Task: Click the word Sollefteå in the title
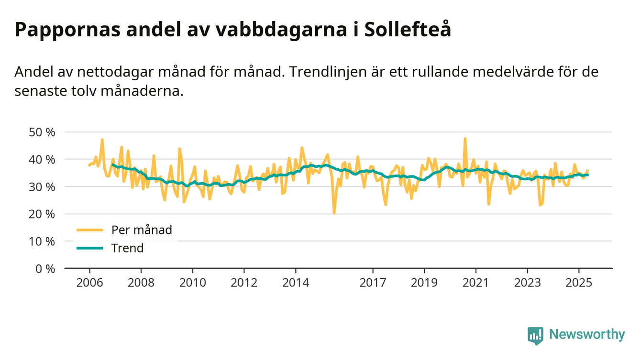408,30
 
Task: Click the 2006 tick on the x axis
89,282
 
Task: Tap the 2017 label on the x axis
373,282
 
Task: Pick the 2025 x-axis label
579,282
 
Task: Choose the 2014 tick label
296,282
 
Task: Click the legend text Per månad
142,230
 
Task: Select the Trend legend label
127,248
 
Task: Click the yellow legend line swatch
89,230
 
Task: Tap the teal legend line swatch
89,248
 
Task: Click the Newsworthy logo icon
535,336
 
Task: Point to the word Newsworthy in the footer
587,335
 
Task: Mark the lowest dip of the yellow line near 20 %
334,213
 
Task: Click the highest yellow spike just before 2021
465,139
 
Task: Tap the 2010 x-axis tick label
193,282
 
